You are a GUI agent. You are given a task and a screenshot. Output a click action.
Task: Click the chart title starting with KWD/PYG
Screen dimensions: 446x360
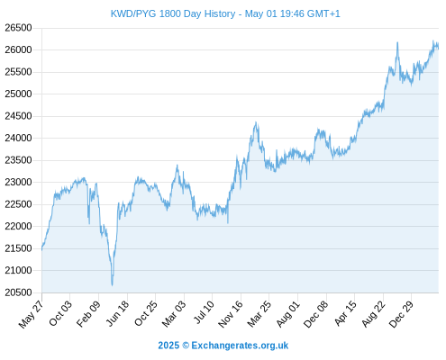point(225,13)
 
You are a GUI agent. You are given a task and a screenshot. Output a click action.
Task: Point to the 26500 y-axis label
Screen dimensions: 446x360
point(18,28)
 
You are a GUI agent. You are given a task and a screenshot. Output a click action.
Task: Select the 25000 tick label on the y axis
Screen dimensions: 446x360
point(18,94)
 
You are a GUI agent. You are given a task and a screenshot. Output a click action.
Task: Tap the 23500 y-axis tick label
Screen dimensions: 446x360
point(18,160)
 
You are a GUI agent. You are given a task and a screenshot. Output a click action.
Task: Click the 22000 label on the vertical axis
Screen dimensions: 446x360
point(18,226)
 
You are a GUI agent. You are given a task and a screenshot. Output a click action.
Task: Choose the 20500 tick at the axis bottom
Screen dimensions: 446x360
point(18,292)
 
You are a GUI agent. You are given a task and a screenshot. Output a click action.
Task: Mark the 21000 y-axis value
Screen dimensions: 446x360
point(18,270)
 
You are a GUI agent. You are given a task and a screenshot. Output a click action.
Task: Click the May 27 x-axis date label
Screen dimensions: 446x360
point(32,314)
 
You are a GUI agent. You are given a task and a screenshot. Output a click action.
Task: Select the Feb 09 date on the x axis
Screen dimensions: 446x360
point(88,313)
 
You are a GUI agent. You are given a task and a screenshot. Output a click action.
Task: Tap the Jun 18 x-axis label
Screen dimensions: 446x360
point(117,313)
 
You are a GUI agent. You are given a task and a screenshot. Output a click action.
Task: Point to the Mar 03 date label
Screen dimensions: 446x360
point(174,314)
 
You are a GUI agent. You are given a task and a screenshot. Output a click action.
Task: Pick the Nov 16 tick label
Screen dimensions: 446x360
point(231,314)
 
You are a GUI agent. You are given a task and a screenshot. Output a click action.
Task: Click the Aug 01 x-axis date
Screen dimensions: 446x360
point(287,314)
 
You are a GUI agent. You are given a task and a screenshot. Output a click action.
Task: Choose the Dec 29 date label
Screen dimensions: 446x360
point(401,314)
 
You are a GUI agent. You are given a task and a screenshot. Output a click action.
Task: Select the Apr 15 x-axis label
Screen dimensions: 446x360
point(345,313)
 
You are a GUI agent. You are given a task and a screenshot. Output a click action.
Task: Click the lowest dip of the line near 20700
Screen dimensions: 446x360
point(112,285)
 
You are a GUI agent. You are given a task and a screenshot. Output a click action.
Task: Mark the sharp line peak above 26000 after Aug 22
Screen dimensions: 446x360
point(397,42)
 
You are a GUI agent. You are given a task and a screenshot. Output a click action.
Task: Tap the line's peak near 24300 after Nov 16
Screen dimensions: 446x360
point(256,122)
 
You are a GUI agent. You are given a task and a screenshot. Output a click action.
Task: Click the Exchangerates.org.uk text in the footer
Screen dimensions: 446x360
point(240,346)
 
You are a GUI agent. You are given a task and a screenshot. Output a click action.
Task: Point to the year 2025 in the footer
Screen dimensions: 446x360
point(168,346)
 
